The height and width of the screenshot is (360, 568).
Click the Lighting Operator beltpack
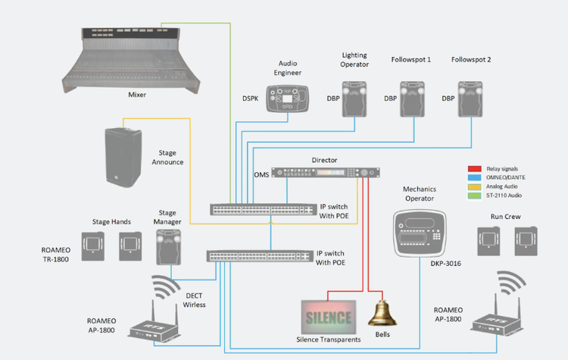354,100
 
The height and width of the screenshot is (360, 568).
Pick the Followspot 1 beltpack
412,100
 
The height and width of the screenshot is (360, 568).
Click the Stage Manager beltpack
167,246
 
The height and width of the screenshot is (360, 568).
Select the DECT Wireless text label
194,300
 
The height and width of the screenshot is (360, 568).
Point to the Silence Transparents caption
328,339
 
